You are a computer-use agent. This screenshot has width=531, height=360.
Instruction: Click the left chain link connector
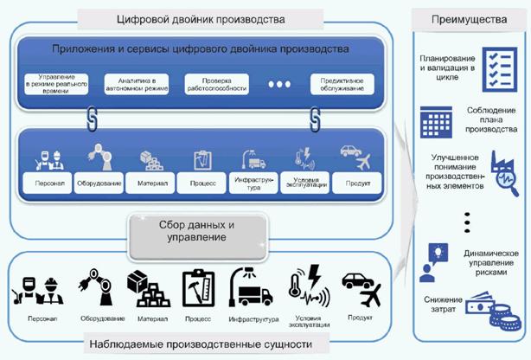(x=89, y=117)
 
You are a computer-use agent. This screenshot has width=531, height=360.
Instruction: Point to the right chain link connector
(x=315, y=117)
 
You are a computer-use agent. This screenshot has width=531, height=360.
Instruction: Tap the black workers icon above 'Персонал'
(x=37, y=285)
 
